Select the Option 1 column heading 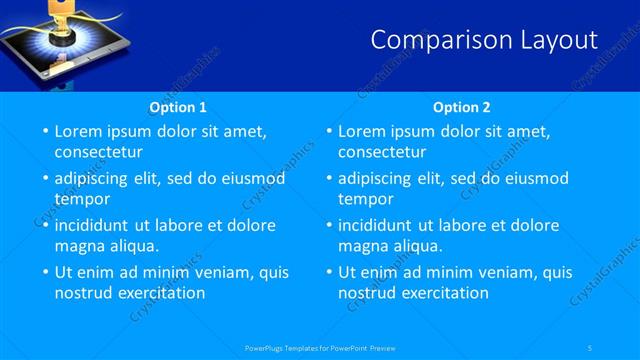click(178, 107)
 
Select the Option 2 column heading click(462, 107)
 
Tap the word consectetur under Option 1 click(98, 152)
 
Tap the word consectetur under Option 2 click(382, 152)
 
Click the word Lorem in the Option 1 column click(77, 131)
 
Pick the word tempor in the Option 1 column click(82, 198)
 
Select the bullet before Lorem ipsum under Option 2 click(328, 131)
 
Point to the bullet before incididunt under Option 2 click(328, 225)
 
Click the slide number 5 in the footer click(591, 348)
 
